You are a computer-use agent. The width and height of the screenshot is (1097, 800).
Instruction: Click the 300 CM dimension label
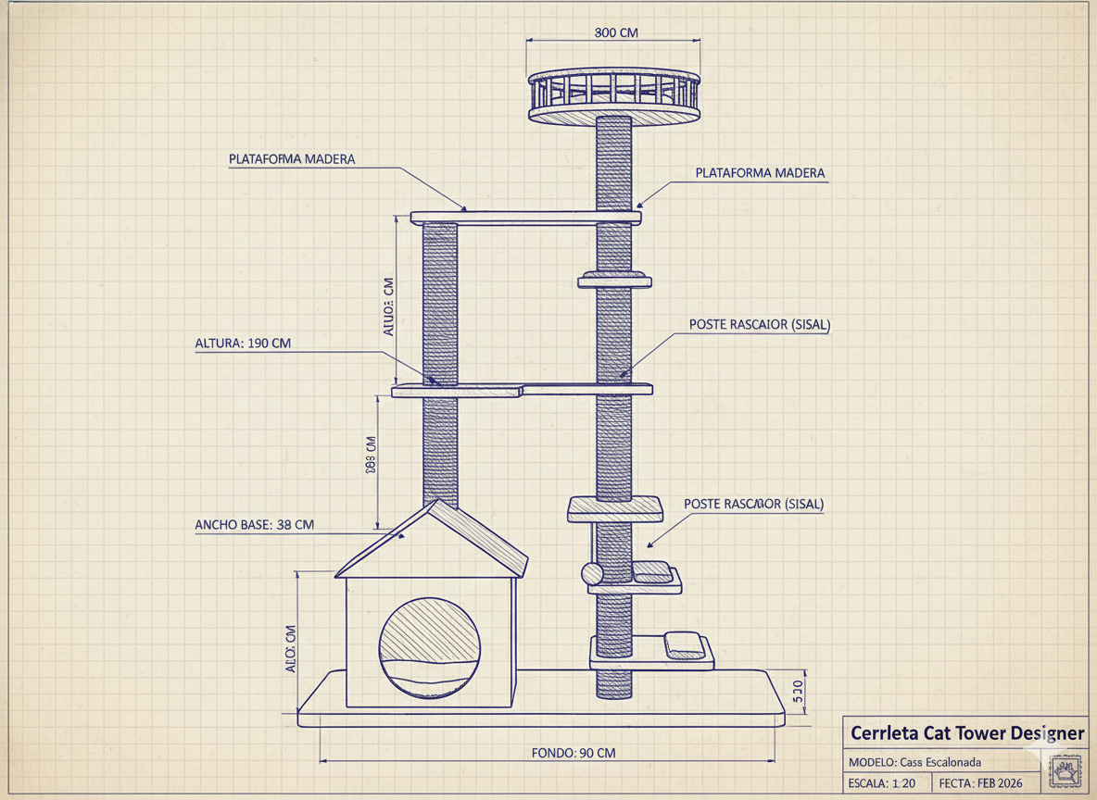point(615,32)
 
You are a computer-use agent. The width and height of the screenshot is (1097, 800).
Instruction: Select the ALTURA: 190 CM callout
point(243,344)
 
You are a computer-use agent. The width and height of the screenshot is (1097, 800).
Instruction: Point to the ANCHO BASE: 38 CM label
point(254,525)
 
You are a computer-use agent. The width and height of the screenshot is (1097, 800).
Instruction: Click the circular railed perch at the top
point(613,96)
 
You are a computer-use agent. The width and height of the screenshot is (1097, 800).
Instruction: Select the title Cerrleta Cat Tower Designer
point(966,733)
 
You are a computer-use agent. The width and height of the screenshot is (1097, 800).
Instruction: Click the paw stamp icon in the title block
point(1066,769)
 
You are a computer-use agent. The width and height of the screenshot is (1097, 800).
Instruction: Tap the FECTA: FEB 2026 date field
point(982,783)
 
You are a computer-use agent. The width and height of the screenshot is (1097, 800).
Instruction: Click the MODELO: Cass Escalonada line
point(914,761)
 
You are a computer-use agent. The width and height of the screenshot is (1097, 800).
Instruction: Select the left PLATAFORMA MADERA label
point(291,159)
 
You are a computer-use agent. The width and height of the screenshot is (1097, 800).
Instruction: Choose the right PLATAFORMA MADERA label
point(759,173)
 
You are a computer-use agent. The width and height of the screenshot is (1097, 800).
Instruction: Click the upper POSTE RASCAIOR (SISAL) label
point(759,325)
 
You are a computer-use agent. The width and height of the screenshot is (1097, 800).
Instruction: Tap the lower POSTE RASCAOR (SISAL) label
point(753,504)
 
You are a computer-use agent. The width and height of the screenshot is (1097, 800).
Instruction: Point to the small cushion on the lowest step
point(684,644)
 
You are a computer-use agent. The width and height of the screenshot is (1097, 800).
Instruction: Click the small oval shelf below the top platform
point(613,280)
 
